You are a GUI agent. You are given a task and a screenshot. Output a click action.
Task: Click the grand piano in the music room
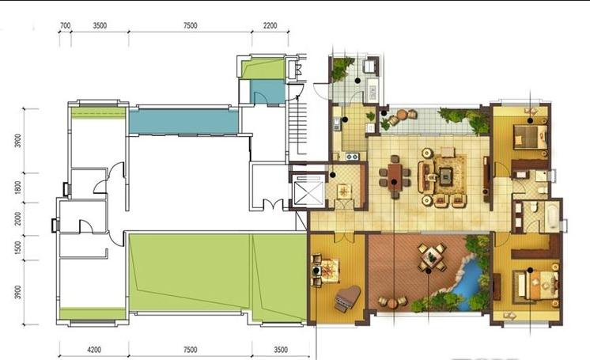coord(347,297)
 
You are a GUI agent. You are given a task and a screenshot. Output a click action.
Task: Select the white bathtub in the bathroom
coord(552,216)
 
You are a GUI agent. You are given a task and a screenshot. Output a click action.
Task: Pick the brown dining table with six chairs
coord(395,177)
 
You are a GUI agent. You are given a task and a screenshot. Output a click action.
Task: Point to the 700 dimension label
coord(65,25)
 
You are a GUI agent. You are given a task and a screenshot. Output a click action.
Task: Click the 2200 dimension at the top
coord(270,25)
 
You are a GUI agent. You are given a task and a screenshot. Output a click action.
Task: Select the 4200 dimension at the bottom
coord(94,350)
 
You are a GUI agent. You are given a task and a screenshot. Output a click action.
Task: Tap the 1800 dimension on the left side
coord(17,188)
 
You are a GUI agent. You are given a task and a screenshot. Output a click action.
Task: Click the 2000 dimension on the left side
coord(17,219)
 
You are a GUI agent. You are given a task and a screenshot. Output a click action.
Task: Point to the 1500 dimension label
coord(17,248)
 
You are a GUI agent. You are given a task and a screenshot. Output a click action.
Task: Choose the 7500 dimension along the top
coord(190,25)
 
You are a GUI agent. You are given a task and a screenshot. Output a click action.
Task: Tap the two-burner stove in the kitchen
coord(351,156)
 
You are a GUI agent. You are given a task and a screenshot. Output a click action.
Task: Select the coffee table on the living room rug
coord(446,176)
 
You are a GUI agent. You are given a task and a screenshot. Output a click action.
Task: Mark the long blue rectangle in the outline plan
coord(183,121)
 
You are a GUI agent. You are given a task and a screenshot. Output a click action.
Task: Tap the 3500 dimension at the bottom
coord(281,350)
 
